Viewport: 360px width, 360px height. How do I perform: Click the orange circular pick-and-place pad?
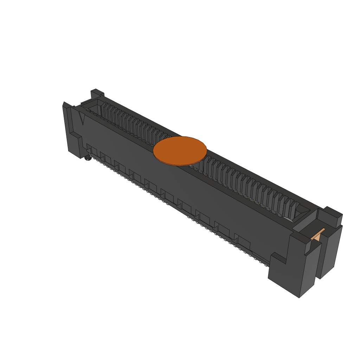point(180,151)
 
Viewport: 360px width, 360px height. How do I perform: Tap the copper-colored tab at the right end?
point(318,235)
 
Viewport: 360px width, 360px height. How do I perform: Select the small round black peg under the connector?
point(88,158)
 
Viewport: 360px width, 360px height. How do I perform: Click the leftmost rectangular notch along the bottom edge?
point(92,151)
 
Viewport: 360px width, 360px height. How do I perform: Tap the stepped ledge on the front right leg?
point(278,258)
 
